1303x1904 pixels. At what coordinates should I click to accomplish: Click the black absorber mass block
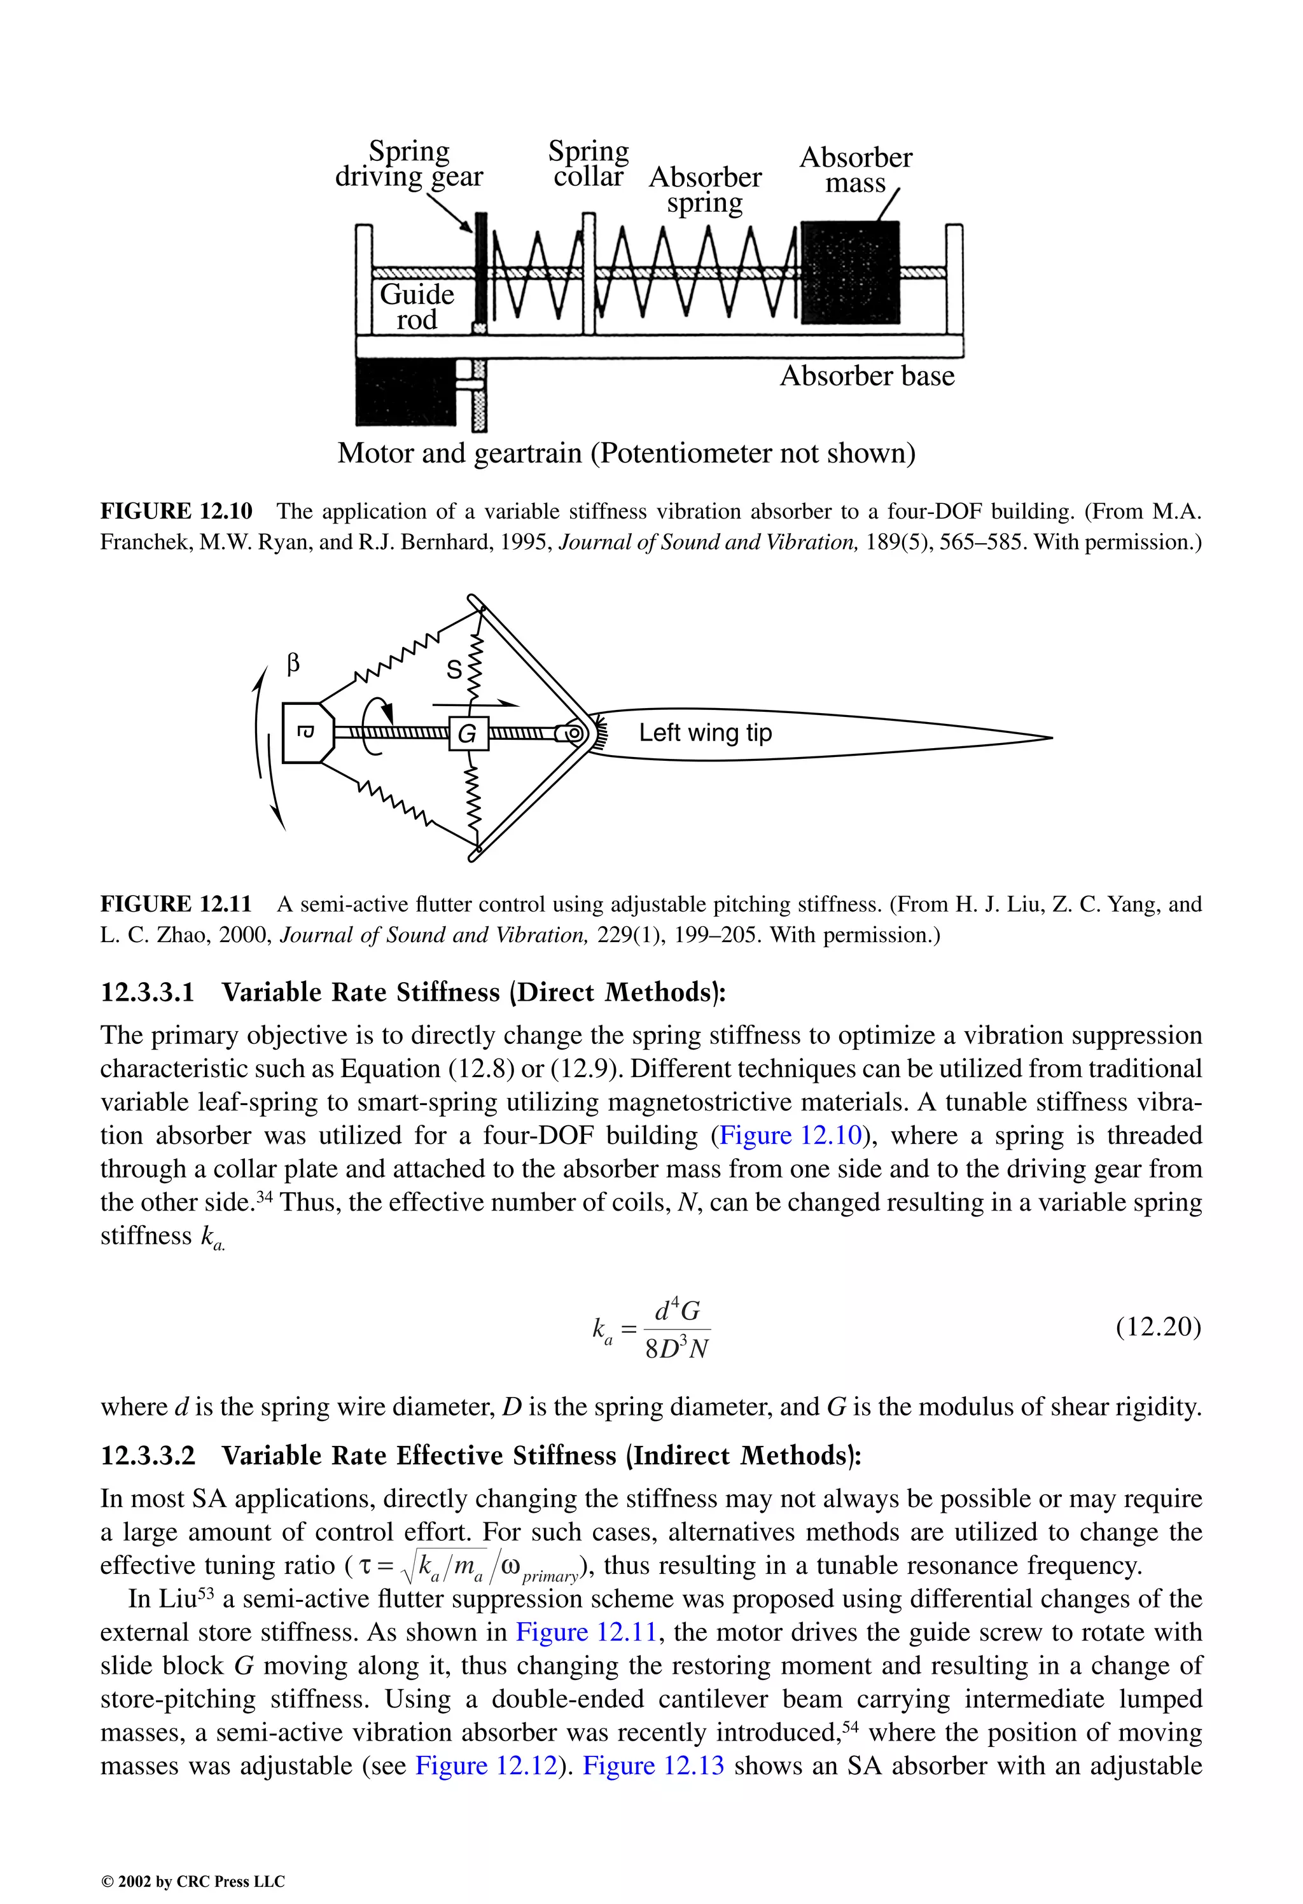point(850,273)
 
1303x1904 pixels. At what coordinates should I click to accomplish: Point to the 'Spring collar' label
point(589,164)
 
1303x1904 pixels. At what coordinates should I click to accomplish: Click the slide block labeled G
point(468,733)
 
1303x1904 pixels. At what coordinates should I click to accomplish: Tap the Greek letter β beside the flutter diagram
point(293,664)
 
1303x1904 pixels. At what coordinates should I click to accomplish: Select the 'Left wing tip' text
point(705,732)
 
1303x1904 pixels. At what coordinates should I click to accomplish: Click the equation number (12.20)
point(1158,1326)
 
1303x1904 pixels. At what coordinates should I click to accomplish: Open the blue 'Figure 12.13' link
point(653,1765)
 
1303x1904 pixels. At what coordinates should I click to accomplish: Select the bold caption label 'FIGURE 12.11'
point(176,905)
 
